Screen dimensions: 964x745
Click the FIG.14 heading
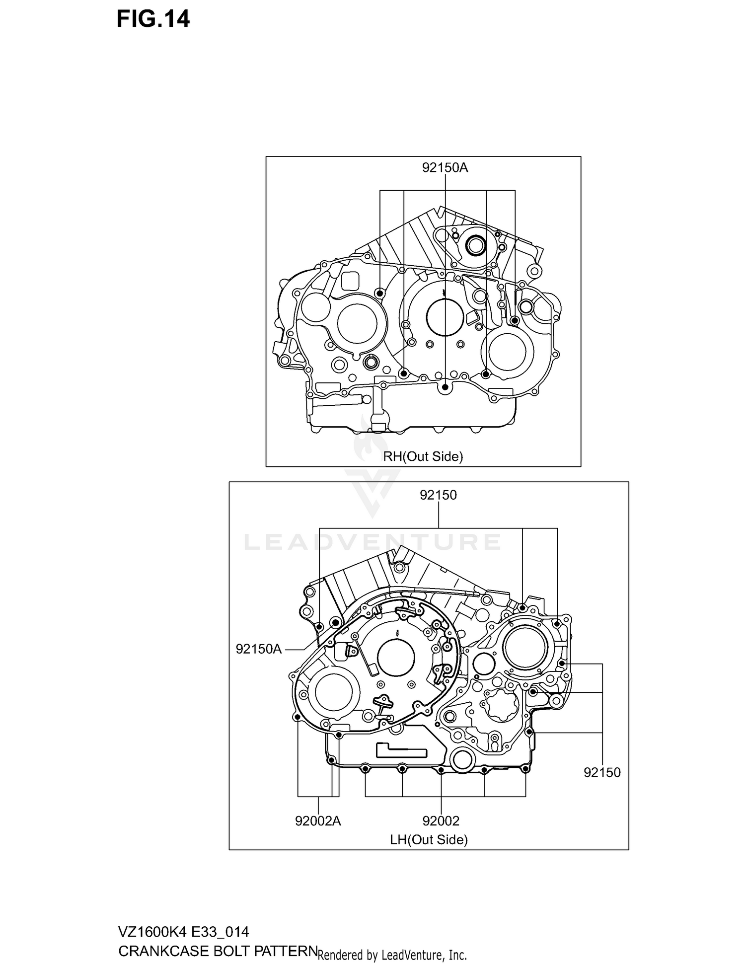point(153,19)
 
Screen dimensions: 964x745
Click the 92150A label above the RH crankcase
point(445,168)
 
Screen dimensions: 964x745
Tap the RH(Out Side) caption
point(423,456)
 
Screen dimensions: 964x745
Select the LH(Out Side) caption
point(429,839)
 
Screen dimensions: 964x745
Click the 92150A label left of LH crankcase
point(258,649)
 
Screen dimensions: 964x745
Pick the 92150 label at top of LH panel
point(438,495)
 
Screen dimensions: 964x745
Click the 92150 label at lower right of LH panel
point(602,772)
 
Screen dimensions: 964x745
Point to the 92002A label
point(318,821)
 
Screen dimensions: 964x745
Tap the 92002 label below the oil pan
point(441,821)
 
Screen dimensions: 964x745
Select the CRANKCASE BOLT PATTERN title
point(218,951)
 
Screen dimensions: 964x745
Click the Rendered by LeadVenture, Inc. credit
point(392,955)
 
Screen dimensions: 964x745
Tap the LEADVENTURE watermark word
point(372,542)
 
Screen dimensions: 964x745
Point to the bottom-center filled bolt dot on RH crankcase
point(446,387)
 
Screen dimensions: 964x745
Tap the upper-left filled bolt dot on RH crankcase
point(380,294)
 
